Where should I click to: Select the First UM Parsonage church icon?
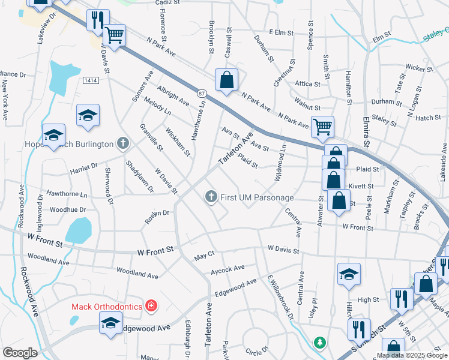point(211,197)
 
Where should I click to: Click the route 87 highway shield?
point(202,93)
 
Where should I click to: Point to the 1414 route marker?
point(91,80)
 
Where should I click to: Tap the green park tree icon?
point(321,342)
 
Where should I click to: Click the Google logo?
point(20,353)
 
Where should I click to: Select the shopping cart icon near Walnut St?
point(323,127)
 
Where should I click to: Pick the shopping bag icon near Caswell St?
point(227,80)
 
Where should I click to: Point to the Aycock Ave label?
point(228,268)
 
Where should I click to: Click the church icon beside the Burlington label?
point(123,143)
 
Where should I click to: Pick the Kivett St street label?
point(363,187)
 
